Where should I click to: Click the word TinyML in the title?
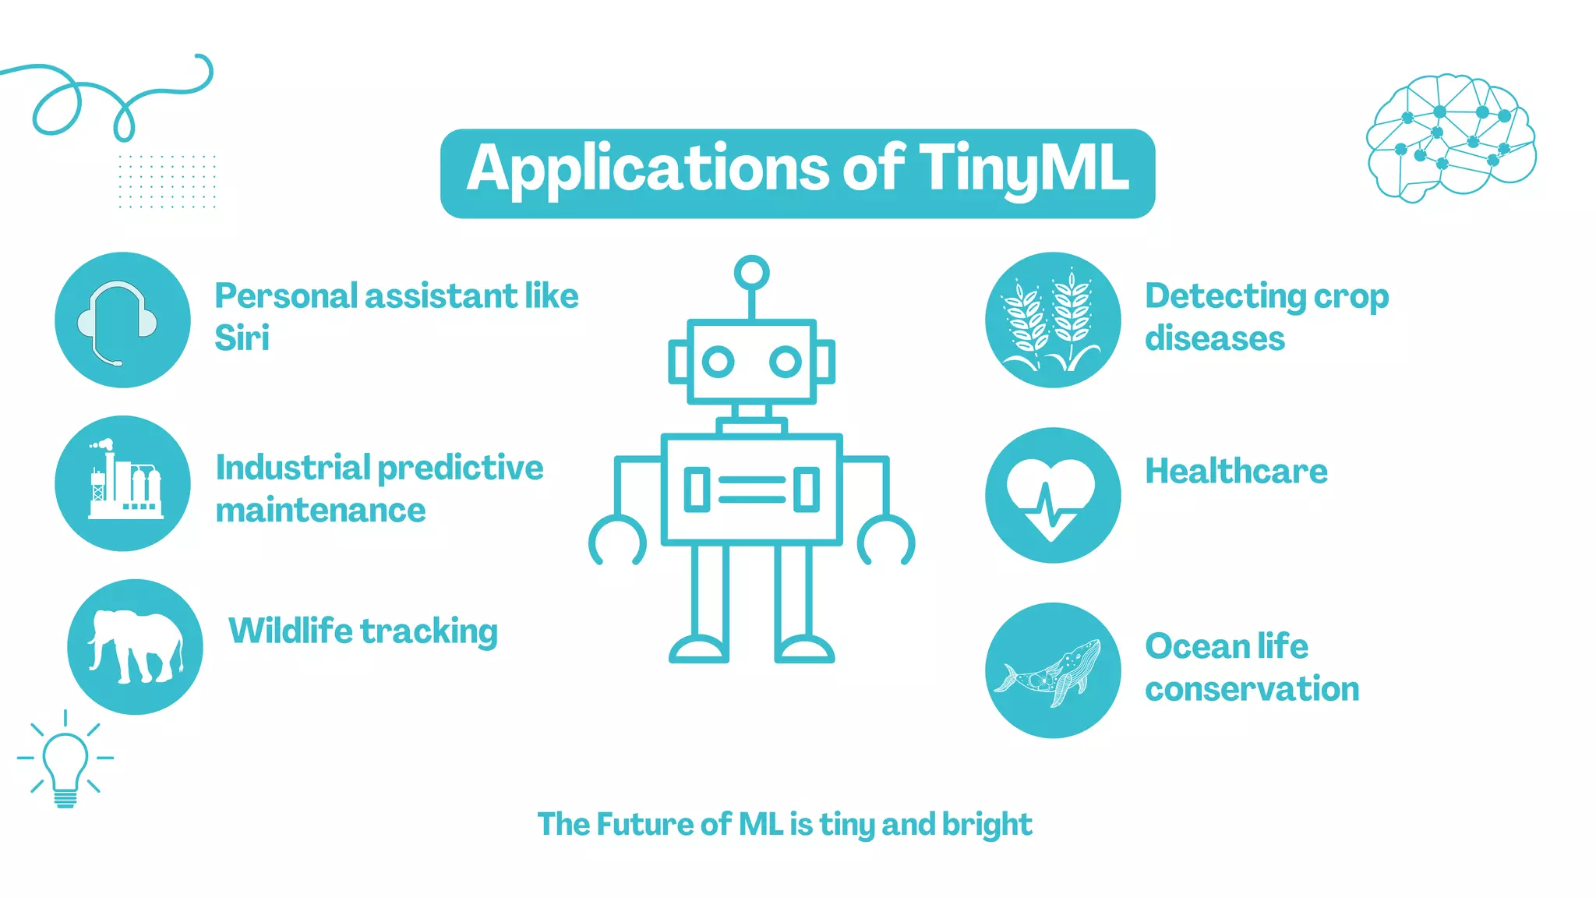tap(1023, 169)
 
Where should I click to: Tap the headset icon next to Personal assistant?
tap(118, 320)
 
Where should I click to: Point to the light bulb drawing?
tap(65, 761)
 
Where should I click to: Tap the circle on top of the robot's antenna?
tap(751, 273)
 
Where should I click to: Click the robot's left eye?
tap(718, 362)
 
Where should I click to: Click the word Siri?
tap(242, 338)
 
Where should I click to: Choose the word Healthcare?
tap(1236, 472)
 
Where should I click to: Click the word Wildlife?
tap(291, 631)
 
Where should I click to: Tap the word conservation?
tap(1252, 689)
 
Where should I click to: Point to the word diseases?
tap(1214, 339)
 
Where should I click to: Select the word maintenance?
tap(320, 511)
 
